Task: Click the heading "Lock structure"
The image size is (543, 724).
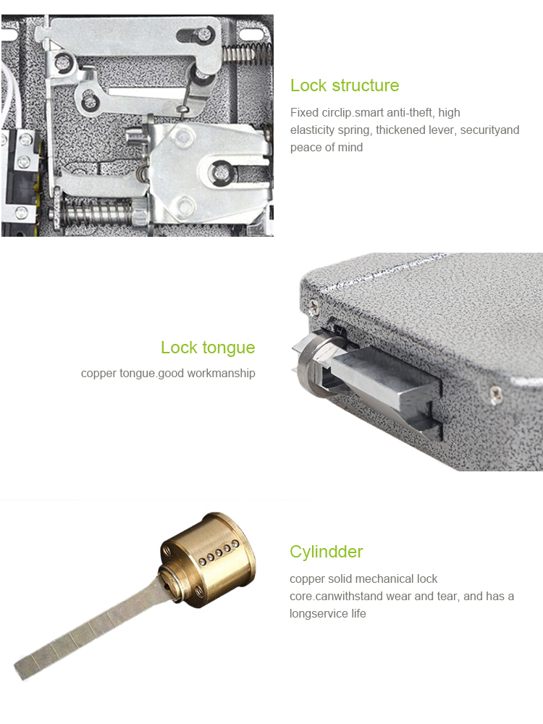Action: point(345,85)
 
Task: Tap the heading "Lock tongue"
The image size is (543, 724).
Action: point(208,348)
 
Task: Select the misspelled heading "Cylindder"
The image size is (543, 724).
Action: point(326,552)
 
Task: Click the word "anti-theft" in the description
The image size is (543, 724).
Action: point(411,113)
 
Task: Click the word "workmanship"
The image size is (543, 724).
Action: point(221,374)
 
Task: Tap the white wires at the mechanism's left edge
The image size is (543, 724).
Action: point(9,94)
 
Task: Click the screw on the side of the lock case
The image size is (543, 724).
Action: point(495,395)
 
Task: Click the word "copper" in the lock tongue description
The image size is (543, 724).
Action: point(98,374)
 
